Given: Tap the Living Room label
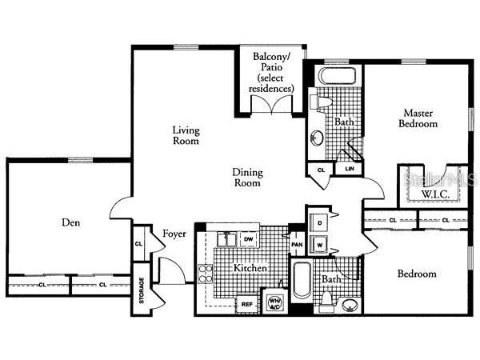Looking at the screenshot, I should click(x=186, y=135).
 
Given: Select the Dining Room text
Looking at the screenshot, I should click(x=247, y=177).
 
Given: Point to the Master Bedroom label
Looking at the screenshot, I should click(x=420, y=118).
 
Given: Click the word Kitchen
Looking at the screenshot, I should click(x=250, y=269).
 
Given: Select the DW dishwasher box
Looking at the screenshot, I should click(x=248, y=238).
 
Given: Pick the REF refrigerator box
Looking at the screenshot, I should click(x=246, y=304).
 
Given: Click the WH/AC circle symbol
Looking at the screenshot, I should click(x=274, y=302).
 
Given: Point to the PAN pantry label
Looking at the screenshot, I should click(x=296, y=245).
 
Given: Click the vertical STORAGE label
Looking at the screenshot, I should click(x=141, y=290).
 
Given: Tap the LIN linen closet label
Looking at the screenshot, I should click(x=349, y=170).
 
